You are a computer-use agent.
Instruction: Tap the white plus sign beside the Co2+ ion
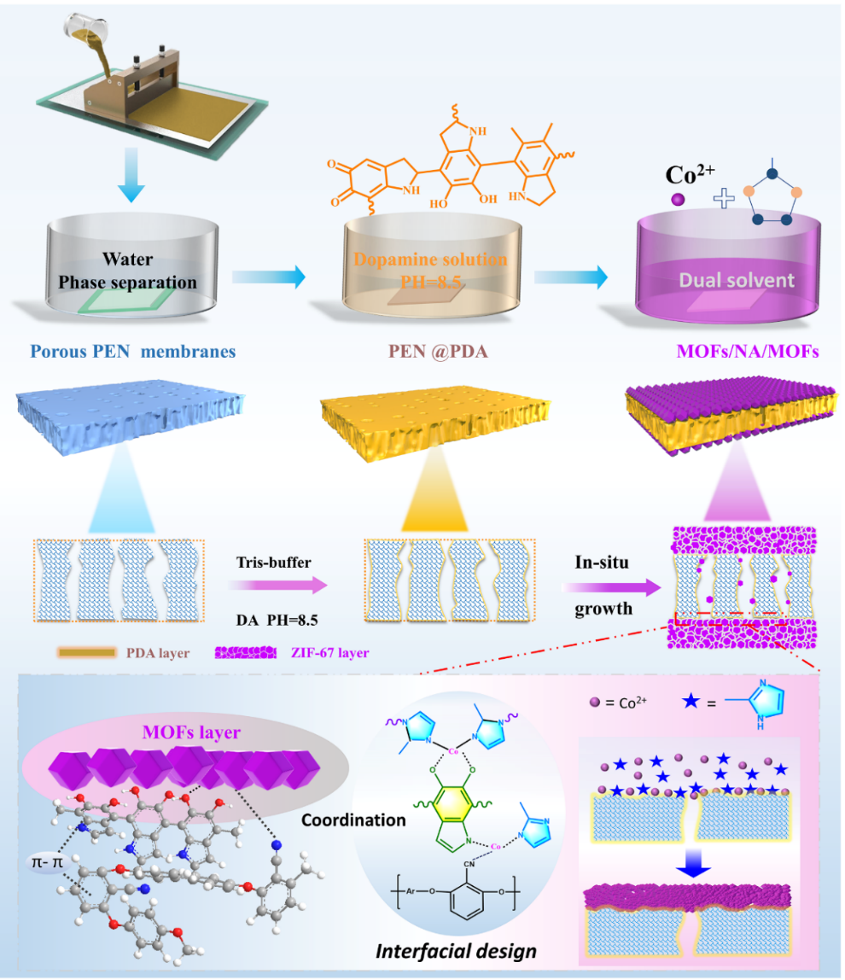click(724, 200)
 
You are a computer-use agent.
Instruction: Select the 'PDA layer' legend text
click(160, 653)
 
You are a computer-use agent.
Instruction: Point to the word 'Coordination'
click(354, 820)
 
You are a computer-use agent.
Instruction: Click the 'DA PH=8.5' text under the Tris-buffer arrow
click(271, 617)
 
